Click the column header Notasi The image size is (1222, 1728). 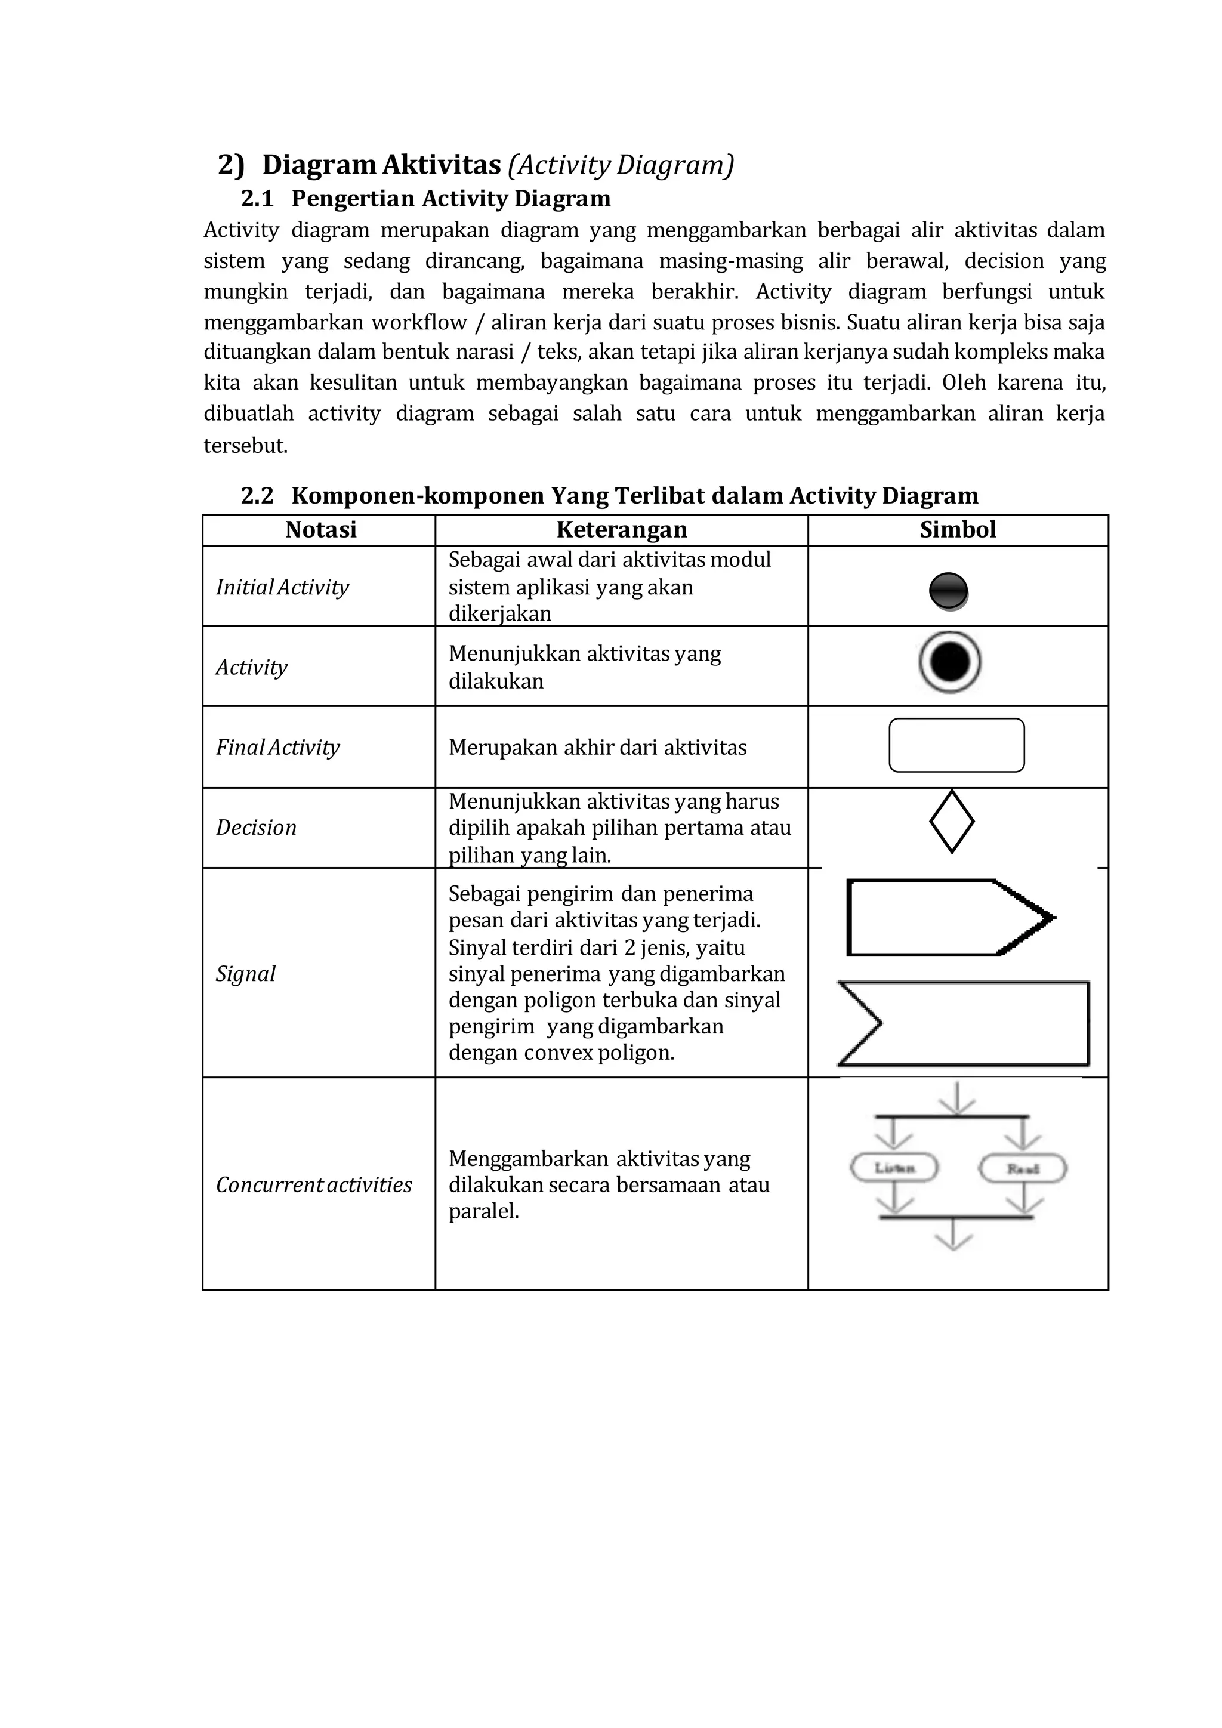click(320, 530)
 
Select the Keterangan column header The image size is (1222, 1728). click(622, 530)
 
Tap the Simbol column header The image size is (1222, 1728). click(957, 530)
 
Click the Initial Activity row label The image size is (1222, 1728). click(282, 587)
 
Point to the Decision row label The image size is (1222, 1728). click(256, 828)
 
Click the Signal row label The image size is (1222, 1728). click(245, 974)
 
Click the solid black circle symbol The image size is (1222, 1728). click(949, 591)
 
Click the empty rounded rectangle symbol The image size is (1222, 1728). click(956, 745)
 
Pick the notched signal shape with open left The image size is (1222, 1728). click(963, 1023)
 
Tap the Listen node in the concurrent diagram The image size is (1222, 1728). click(894, 1168)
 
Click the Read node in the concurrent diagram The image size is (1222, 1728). click(1023, 1169)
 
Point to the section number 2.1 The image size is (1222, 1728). click(257, 199)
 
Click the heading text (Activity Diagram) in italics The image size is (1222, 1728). click(620, 164)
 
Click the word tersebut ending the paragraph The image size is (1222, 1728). click(245, 446)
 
